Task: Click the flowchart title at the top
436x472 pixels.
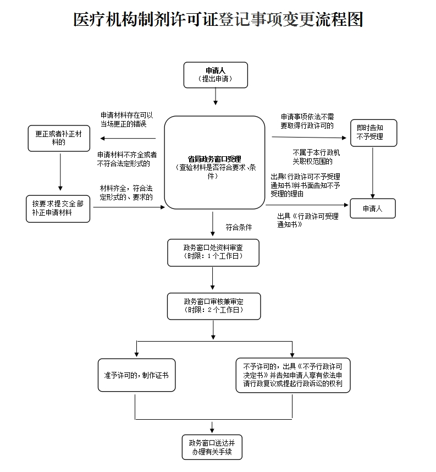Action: point(218,19)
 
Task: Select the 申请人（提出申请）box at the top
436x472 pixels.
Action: point(216,75)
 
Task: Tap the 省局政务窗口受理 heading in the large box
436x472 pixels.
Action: point(214,159)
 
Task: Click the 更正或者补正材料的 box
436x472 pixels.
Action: point(59,138)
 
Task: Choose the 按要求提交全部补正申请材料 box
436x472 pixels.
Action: point(58,208)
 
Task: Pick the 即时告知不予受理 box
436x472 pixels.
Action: point(374,133)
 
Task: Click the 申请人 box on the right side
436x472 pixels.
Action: point(372,208)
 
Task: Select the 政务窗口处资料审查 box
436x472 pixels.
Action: point(213,253)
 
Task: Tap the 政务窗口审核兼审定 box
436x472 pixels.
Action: point(213,306)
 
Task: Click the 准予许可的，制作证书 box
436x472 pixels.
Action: point(136,375)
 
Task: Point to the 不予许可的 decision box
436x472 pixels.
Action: point(292,375)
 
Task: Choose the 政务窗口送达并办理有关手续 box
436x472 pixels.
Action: point(212,446)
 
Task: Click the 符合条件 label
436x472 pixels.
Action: point(239,227)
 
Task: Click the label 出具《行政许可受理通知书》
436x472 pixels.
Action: point(308,220)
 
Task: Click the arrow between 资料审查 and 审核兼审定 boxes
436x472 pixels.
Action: point(213,279)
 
